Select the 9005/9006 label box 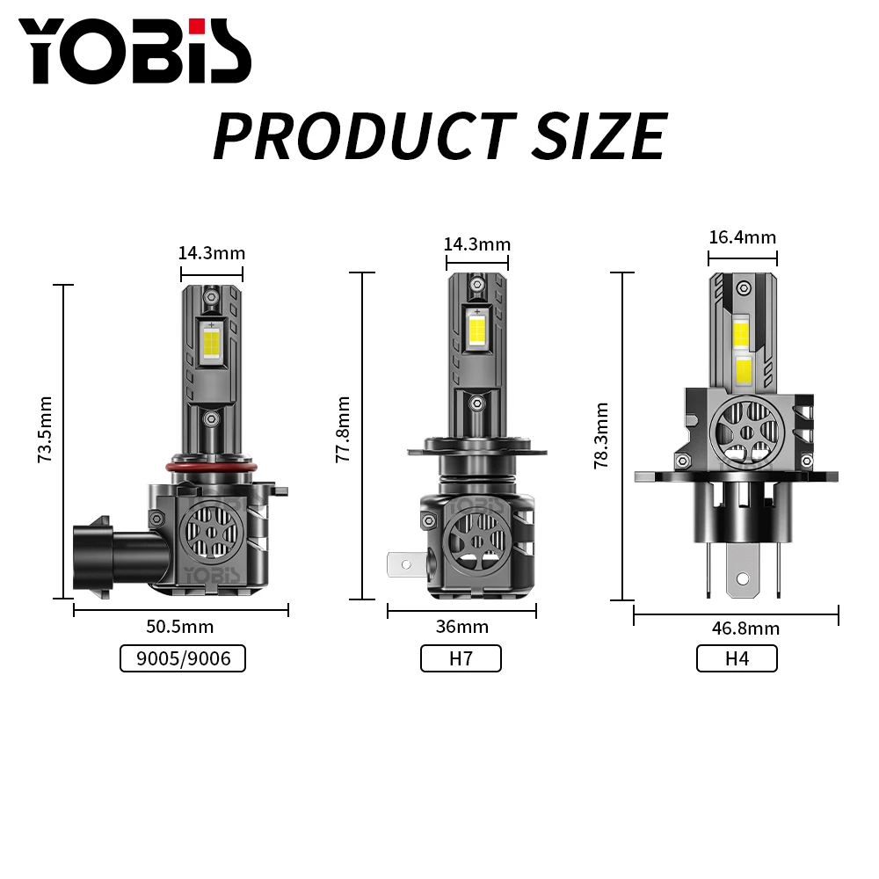[182, 657]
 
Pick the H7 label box [461, 657]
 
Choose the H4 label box [737, 657]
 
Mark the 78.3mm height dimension [601, 436]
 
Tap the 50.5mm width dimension [180, 626]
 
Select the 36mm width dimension [461, 626]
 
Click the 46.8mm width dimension [736, 628]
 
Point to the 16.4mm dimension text [742, 237]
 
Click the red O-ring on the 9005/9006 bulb [212, 463]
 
